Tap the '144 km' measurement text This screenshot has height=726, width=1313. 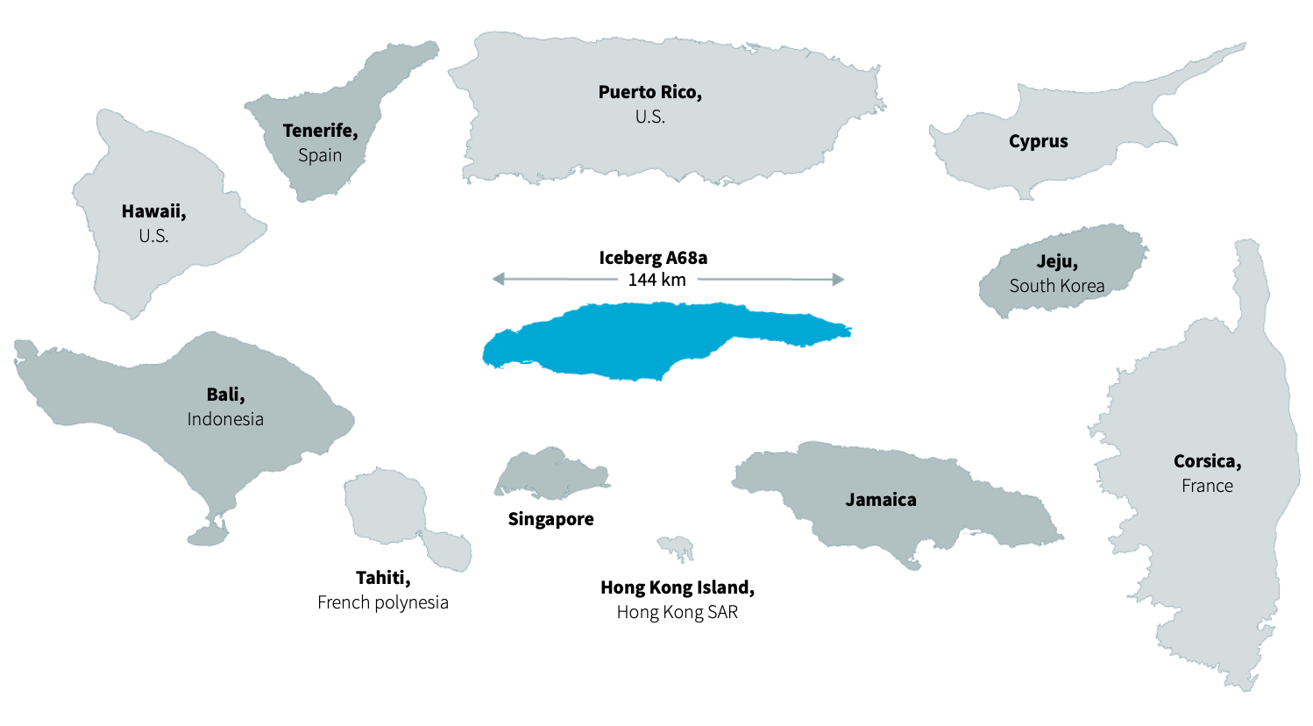point(656,280)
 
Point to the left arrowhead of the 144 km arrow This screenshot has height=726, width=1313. point(498,279)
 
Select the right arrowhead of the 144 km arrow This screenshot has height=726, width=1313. point(839,280)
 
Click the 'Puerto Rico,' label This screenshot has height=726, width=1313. point(649,92)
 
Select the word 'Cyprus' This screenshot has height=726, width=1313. point(1038,141)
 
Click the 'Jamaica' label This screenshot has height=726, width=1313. point(880,500)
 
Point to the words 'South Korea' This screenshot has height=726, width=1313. point(1056,286)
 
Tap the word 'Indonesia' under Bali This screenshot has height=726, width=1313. point(225,419)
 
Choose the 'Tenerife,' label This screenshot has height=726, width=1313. point(320,131)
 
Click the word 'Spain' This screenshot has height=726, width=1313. point(319,155)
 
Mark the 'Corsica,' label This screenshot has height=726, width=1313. point(1207,461)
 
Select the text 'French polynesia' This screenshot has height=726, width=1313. point(383,602)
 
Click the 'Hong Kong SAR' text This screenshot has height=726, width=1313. point(677,612)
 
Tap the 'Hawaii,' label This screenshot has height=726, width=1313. point(153,211)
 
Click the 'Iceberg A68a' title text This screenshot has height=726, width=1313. point(653,258)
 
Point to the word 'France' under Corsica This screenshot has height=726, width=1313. point(1207,486)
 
